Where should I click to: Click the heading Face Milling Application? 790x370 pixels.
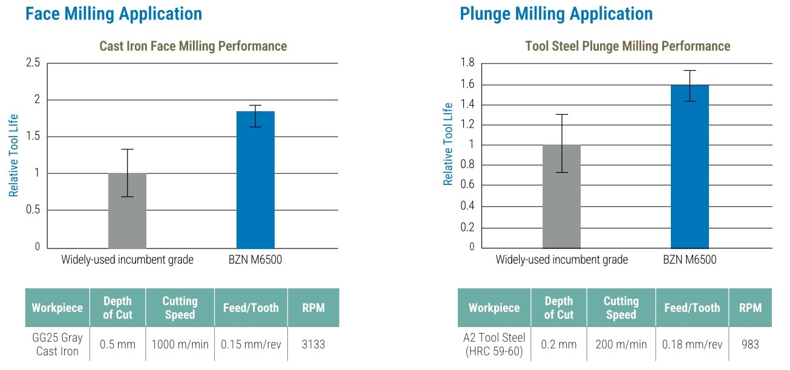[114, 13]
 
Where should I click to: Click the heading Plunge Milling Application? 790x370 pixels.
[556, 13]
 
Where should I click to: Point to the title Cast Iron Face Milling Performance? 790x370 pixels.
[193, 46]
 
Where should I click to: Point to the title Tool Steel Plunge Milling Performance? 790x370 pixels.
[627, 46]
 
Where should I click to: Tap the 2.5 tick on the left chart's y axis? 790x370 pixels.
[33, 63]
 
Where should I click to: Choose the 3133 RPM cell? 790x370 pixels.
[313, 345]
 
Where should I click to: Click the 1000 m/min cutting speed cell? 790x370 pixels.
[180, 345]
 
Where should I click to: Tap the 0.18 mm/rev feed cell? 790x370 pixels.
[692, 345]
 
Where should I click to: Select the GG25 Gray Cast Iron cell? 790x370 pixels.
[57, 345]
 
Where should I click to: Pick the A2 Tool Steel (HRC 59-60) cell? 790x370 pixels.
[494, 345]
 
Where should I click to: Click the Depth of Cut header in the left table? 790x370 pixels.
[117, 308]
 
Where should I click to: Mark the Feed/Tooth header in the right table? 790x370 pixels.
[692, 308]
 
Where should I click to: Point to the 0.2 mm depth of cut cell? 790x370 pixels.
[558, 345]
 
